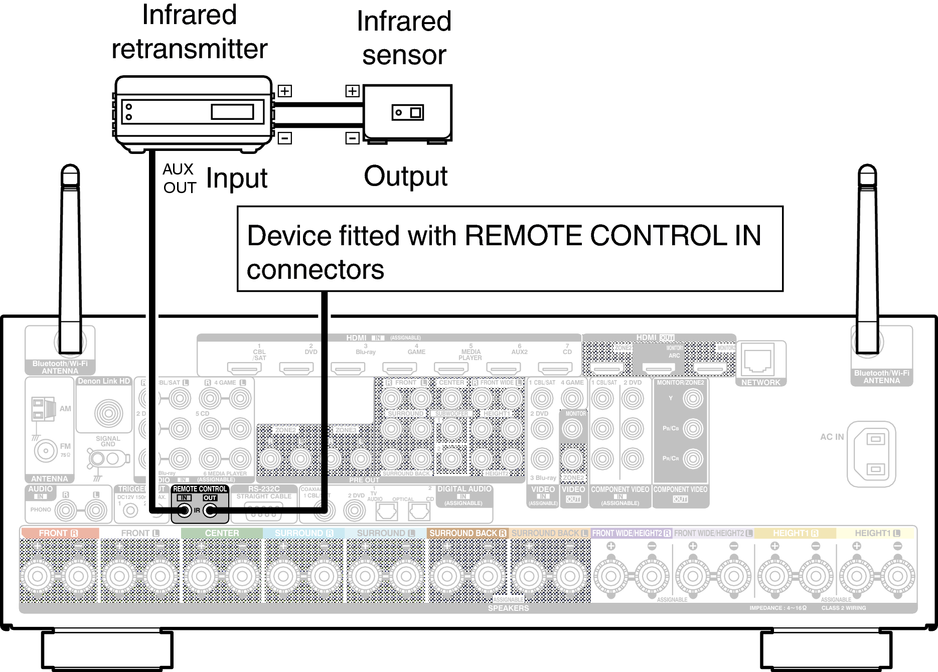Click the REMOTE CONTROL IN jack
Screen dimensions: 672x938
(185, 511)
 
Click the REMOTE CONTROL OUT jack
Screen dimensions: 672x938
(210, 511)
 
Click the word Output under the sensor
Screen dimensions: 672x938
(405, 177)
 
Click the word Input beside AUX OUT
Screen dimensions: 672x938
(237, 179)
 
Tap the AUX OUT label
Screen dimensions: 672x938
(179, 178)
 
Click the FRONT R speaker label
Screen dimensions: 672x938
(59, 533)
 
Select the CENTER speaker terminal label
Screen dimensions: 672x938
(222, 533)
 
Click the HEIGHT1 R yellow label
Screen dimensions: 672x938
(795, 533)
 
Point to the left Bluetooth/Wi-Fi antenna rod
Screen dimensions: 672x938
(70, 261)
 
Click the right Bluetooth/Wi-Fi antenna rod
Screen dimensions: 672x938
(867, 261)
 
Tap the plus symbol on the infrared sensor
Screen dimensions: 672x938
(353, 91)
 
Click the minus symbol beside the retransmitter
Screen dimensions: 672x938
(284, 138)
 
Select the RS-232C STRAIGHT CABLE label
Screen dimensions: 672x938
(264, 492)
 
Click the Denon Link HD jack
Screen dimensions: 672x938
(108, 413)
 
